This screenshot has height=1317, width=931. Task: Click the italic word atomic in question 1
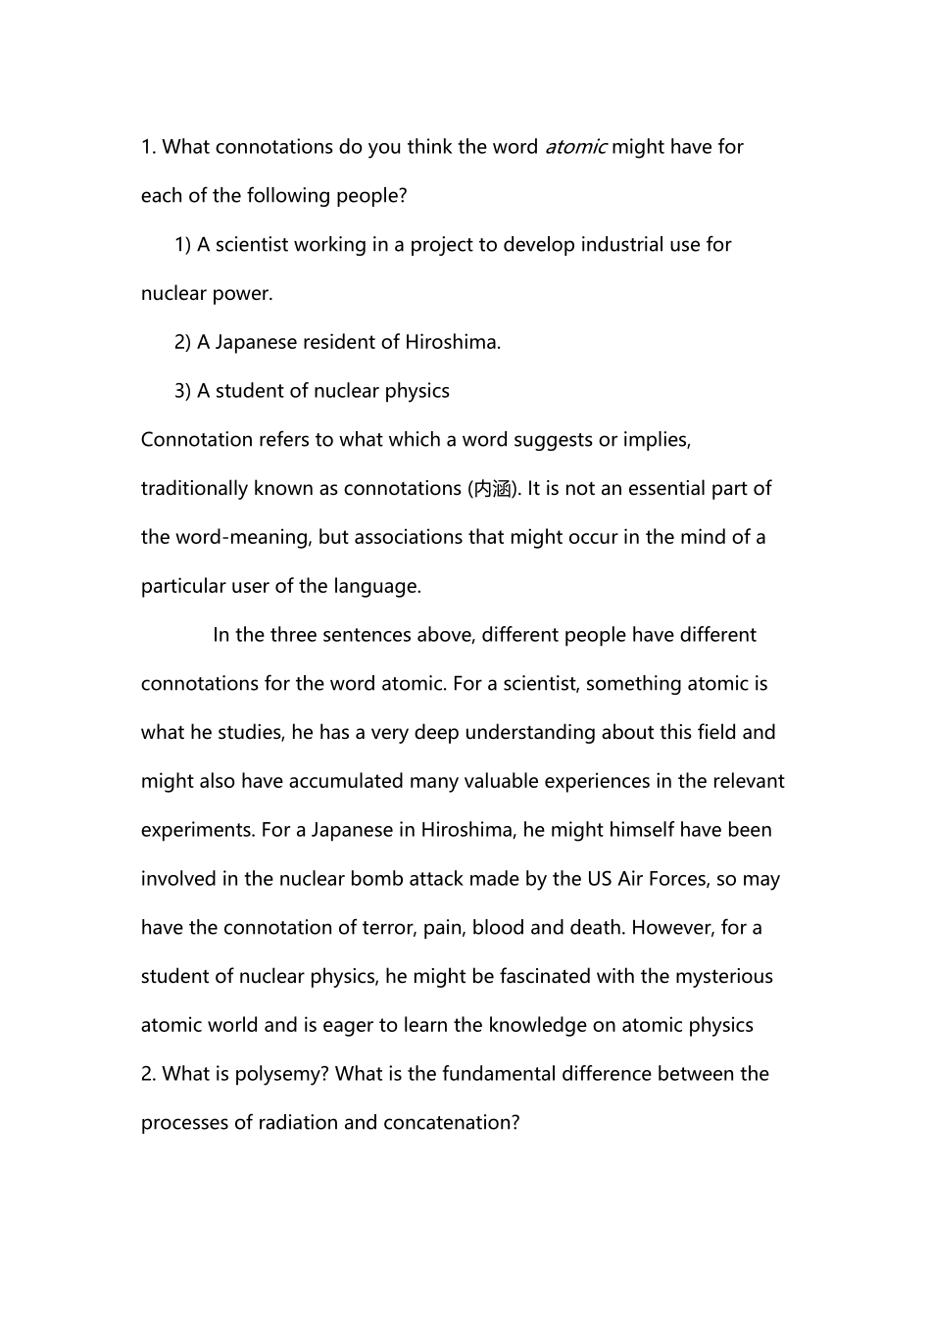pos(575,147)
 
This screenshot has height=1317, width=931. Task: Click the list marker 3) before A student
pos(182,391)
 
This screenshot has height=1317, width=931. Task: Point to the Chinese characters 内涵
pos(493,489)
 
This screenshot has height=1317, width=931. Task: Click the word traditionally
pos(194,489)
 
